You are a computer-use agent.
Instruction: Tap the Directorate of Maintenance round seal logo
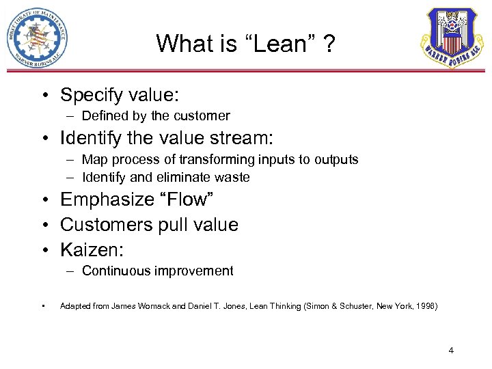coord(38,38)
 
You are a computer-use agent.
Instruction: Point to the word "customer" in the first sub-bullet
coord(202,116)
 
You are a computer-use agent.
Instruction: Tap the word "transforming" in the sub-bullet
coord(219,160)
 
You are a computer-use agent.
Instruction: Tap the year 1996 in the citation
coord(423,307)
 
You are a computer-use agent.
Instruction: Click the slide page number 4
coord(451,351)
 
